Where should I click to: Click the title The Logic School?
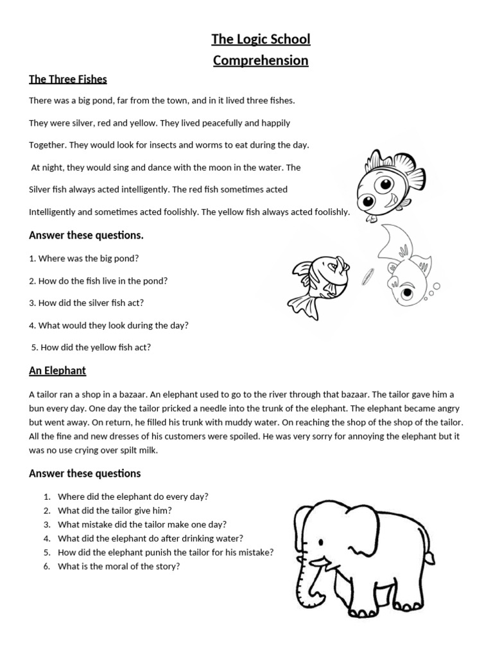tap(261, 40)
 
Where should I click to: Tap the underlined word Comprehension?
tap(261, 61)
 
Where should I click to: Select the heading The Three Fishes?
tap(68, 80)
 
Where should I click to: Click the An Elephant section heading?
tap(57, 371)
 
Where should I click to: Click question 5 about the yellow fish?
tap(91, 348)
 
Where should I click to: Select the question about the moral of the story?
tap(118, 566)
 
